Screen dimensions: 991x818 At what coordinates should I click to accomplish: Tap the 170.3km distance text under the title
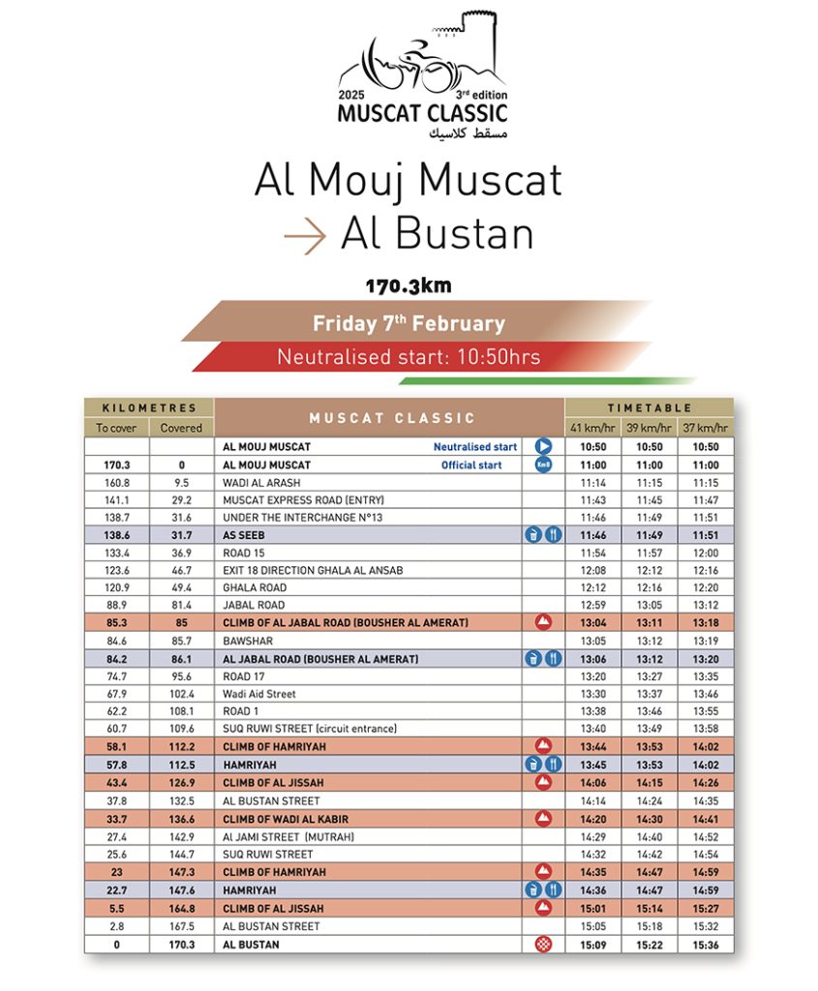[409, 286]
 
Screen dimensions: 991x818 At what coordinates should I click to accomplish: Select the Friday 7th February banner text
[409, 324]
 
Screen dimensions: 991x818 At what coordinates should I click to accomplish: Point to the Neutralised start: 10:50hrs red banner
[409, 357]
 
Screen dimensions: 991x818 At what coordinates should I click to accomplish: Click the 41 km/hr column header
[593, 428]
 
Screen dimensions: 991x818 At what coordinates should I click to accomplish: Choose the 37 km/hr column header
[706, 428]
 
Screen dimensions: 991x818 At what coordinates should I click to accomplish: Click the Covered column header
[181, 428]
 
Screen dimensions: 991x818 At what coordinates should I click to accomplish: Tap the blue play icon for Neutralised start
[543, 447]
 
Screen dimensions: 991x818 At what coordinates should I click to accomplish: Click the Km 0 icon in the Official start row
[543, 465]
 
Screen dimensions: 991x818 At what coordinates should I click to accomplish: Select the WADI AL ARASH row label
[257, 482]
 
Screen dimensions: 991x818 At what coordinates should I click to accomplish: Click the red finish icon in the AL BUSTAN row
[543, 945]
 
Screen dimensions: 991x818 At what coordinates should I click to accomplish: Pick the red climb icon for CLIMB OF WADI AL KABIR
[543, 819]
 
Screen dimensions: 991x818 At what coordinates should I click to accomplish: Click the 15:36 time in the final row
[706, 945]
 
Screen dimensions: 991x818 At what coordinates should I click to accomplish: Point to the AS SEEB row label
[243, 534]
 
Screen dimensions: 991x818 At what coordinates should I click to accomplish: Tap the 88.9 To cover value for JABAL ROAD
[116, 605]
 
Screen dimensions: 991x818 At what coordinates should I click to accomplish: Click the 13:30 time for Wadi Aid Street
[593, 694]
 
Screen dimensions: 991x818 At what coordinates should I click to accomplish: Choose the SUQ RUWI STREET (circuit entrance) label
[309, 729]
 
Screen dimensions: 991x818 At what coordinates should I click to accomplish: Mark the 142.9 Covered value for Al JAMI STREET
[181, 837]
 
